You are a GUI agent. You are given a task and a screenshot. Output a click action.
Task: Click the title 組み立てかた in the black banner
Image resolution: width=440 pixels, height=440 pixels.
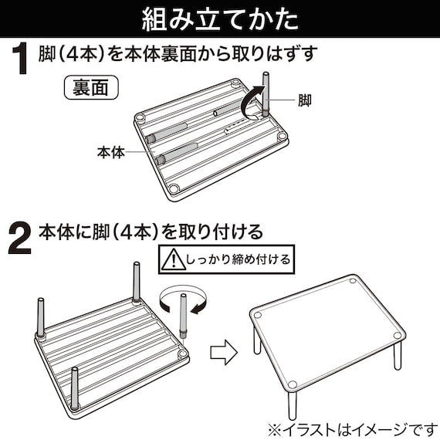coord(220,19)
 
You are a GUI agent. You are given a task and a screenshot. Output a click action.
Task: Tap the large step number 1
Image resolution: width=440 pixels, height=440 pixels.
coord(20,59)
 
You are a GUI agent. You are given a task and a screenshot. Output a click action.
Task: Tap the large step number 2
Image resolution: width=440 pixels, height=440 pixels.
coord(19,239)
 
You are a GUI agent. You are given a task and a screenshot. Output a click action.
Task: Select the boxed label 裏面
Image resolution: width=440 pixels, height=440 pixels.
coord(91,87)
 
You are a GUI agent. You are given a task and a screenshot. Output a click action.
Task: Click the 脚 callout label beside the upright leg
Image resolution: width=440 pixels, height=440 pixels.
coord(304,100)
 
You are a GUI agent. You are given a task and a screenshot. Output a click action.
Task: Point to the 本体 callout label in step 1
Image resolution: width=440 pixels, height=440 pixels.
coord(111,152)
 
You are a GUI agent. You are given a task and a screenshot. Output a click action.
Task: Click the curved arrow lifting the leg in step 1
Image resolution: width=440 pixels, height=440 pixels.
coord(251,103)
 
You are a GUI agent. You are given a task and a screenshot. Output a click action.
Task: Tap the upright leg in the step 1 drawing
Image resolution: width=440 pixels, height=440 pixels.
coord(266,94)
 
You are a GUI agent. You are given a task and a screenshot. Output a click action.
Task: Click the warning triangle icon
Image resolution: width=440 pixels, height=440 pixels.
coord(174,259)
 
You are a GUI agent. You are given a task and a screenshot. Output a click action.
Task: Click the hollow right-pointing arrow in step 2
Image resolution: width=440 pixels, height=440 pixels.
coord(224,352)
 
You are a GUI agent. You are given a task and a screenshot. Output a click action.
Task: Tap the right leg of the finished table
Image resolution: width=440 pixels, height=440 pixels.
coord(398,355)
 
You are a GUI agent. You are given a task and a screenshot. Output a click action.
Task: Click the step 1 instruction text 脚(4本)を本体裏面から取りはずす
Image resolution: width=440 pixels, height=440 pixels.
coord(178,54)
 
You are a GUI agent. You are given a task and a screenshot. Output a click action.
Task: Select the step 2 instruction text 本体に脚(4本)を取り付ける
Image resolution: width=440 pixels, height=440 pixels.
coord(151,232)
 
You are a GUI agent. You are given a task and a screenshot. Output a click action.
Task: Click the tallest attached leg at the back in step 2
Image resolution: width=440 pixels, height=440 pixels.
coord(137,283)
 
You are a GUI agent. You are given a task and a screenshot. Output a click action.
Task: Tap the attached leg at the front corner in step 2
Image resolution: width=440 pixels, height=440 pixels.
coord(74,389)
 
